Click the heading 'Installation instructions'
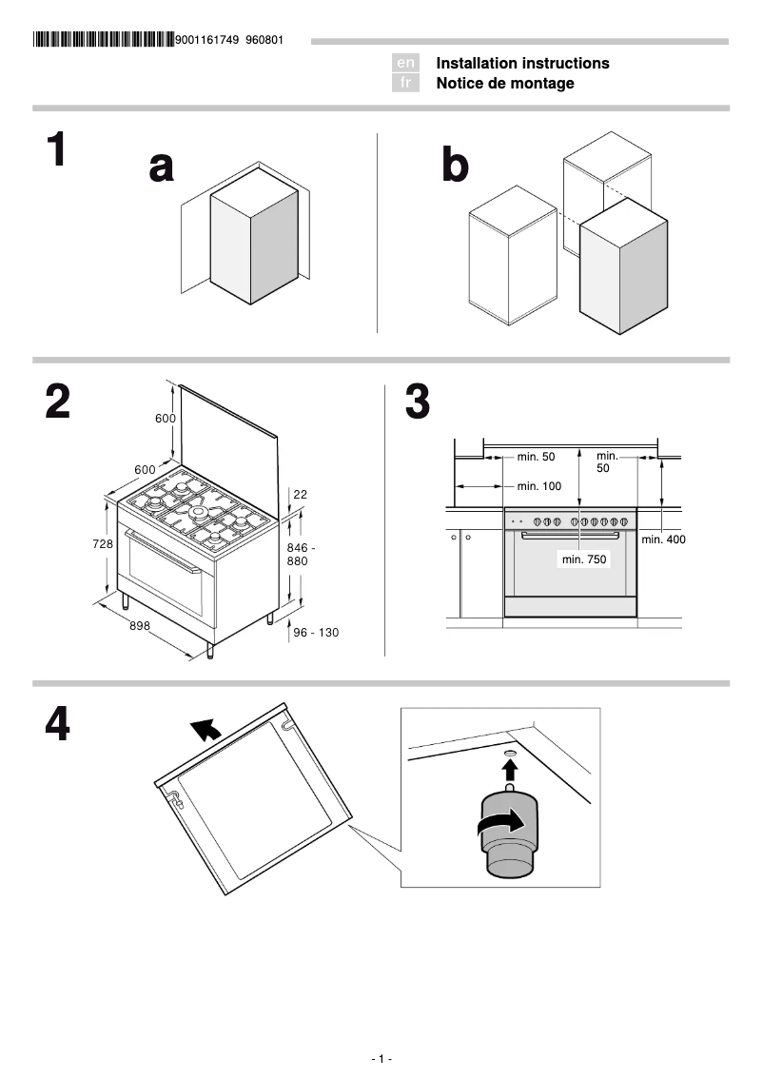click(x=522, y=63)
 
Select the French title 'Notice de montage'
click(x=505, y=84)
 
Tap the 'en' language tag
click(x=405, y=63)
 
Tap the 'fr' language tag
click(x=405, y=84)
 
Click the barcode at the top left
click(x=103, y=40)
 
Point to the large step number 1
click(x=57, y=150)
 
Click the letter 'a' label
click(x=162, y=167)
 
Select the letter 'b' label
click(x=456, y=167)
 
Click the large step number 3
click(x=417, y=402)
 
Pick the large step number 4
click(x=57, y=725)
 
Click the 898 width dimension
click(x=141, y=625)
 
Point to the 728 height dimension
click(x=103, y=544)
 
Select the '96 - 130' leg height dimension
click(x=316, y=633)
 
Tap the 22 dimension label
click(x=301, y=494)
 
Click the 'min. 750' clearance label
click(x=583, y=560)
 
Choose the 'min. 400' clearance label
click(x=663, y=539)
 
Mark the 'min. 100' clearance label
click(x=539, y=486)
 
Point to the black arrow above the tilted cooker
click(x=205, y=730)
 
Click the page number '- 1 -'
click(x=381, y=1059)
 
